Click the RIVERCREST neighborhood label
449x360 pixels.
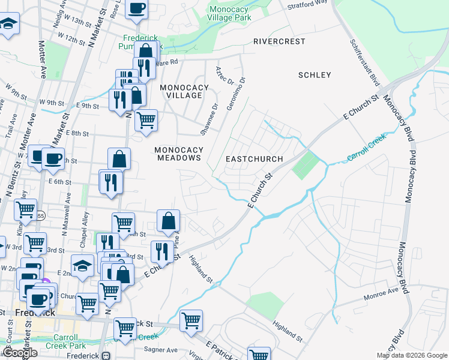click(279, 41)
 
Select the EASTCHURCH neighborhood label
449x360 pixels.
click(254, 159)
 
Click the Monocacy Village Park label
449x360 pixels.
click(229, 14)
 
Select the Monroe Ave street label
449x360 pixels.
click(381, 294)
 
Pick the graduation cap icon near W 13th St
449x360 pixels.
click(8, 25)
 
